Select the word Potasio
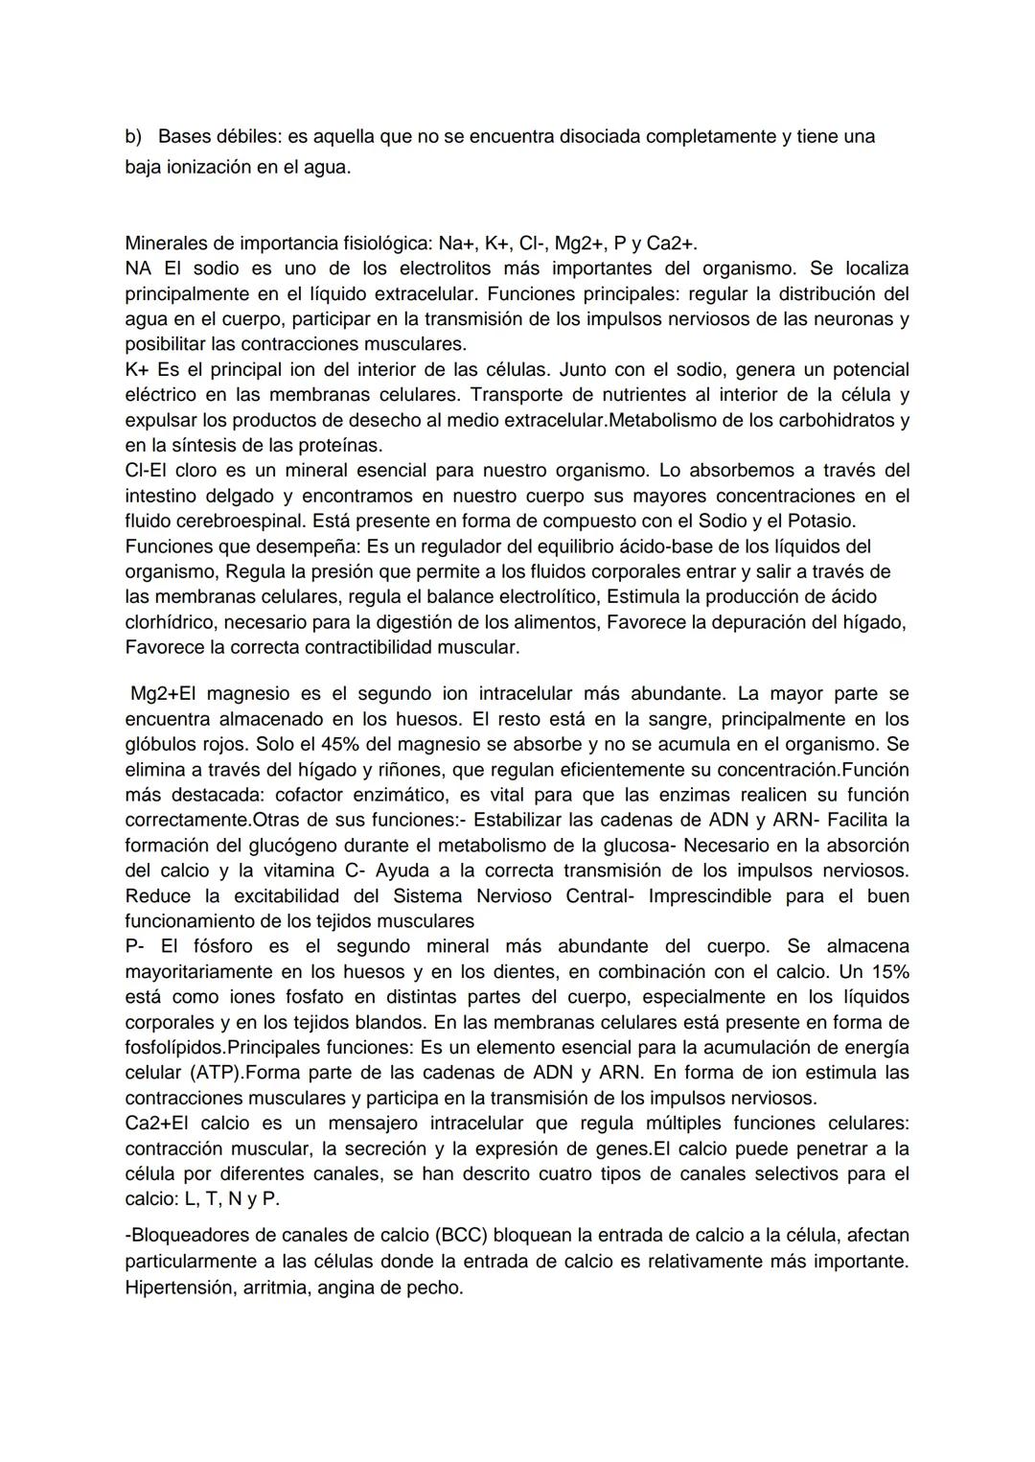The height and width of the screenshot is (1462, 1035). point(821,521)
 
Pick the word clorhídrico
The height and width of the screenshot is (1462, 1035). point(171,622)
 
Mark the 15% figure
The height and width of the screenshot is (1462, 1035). point(887,971)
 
